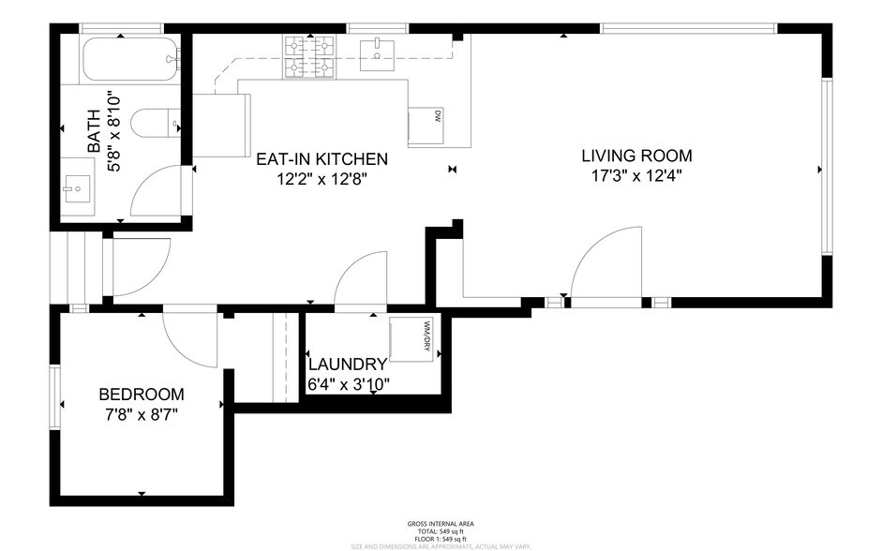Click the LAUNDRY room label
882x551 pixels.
pos(348,365)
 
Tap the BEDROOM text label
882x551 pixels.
pos(142,395)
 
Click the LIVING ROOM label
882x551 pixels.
pos(636,156)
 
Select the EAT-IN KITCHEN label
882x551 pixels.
pos(321,159)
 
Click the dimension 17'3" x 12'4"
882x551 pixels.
pos(636,176)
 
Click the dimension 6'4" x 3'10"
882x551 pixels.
pos(349,383)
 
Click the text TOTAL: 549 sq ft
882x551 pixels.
pos(441,531)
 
